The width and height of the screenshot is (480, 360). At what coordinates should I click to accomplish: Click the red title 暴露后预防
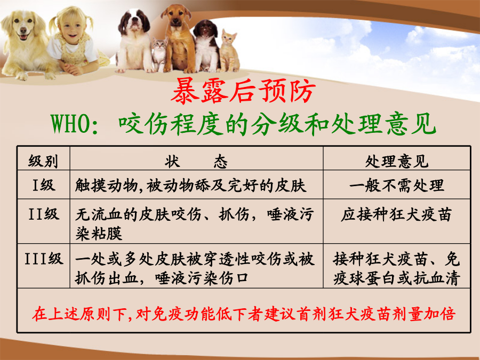243,91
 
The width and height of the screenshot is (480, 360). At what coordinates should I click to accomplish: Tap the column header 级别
43,161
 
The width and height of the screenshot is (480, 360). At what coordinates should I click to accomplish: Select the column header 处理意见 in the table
397,161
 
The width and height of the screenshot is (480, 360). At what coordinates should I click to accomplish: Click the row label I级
44,185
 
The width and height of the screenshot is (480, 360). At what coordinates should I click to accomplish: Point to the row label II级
44,214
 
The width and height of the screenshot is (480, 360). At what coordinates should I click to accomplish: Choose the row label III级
44,259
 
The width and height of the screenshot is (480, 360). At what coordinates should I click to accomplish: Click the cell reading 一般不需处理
397,185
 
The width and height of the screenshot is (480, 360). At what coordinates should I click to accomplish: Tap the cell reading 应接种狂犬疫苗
397,214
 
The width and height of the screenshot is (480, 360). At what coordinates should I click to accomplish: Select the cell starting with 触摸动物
190,185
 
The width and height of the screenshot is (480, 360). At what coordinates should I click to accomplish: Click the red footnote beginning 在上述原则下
244,314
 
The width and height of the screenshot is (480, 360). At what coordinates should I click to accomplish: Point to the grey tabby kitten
159,54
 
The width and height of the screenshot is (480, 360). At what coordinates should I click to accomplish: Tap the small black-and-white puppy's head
206,30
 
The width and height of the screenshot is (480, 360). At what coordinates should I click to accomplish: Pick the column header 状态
196,161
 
